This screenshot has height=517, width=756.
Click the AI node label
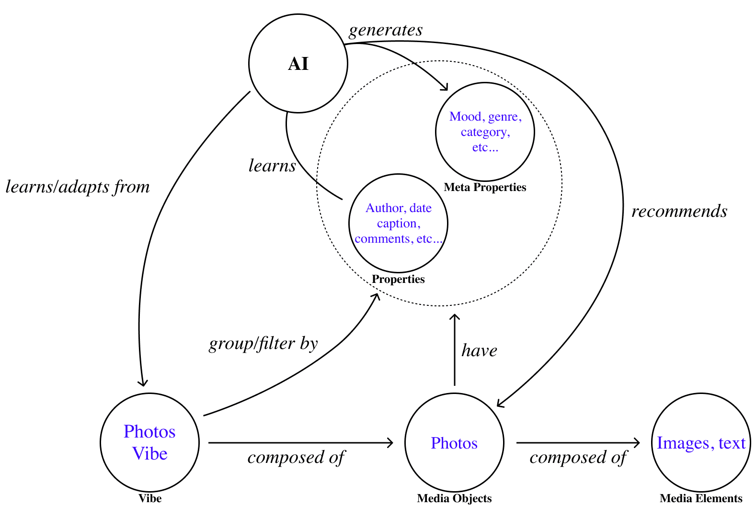[x=298, y=64]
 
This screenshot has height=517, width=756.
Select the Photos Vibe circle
[x=149, y=442]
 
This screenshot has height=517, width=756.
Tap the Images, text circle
[x=701, y=443]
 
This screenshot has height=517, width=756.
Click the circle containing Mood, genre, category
[x=485, y=132]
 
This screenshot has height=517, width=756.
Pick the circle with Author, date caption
[x=398, y=223]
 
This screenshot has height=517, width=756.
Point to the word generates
[x=386, y=30]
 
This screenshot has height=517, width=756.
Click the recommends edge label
[x=679, y=211]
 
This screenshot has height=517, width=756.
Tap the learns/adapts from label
[x=78, y=187]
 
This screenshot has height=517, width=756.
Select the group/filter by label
[x=263, y=344]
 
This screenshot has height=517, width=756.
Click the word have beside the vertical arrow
[x=479, y=351]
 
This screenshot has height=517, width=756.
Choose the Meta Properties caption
[x=485, y=187]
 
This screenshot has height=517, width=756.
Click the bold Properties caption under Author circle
[x=398, y=279]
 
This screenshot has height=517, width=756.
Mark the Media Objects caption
[x=454, y=498]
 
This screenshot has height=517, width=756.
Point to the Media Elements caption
[x=701, y=498]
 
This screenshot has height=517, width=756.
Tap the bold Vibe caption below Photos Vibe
[x=150, y=498]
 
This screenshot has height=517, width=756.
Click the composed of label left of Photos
[x=296, y=458]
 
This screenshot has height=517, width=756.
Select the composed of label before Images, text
[x=578, y=458]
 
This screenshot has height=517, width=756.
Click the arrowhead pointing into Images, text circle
[x=638, y=443]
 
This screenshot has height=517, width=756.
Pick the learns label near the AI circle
[x=272, y=166]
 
